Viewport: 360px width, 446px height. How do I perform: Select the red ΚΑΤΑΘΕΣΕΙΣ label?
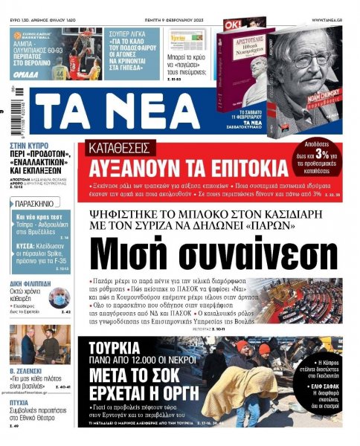coord(120,146)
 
